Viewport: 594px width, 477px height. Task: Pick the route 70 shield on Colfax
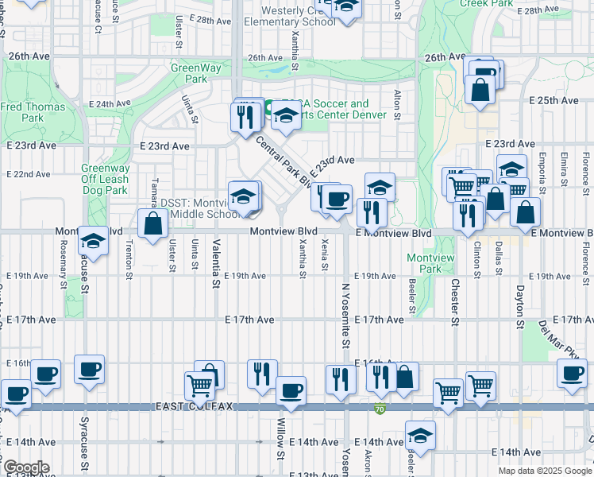pos(380,409)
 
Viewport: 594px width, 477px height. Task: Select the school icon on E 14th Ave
pos(420,435)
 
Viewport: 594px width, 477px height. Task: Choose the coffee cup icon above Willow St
pos(291,390)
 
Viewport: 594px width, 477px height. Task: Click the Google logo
pos(25,467)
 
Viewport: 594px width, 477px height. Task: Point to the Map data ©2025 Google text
pos(544,471)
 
